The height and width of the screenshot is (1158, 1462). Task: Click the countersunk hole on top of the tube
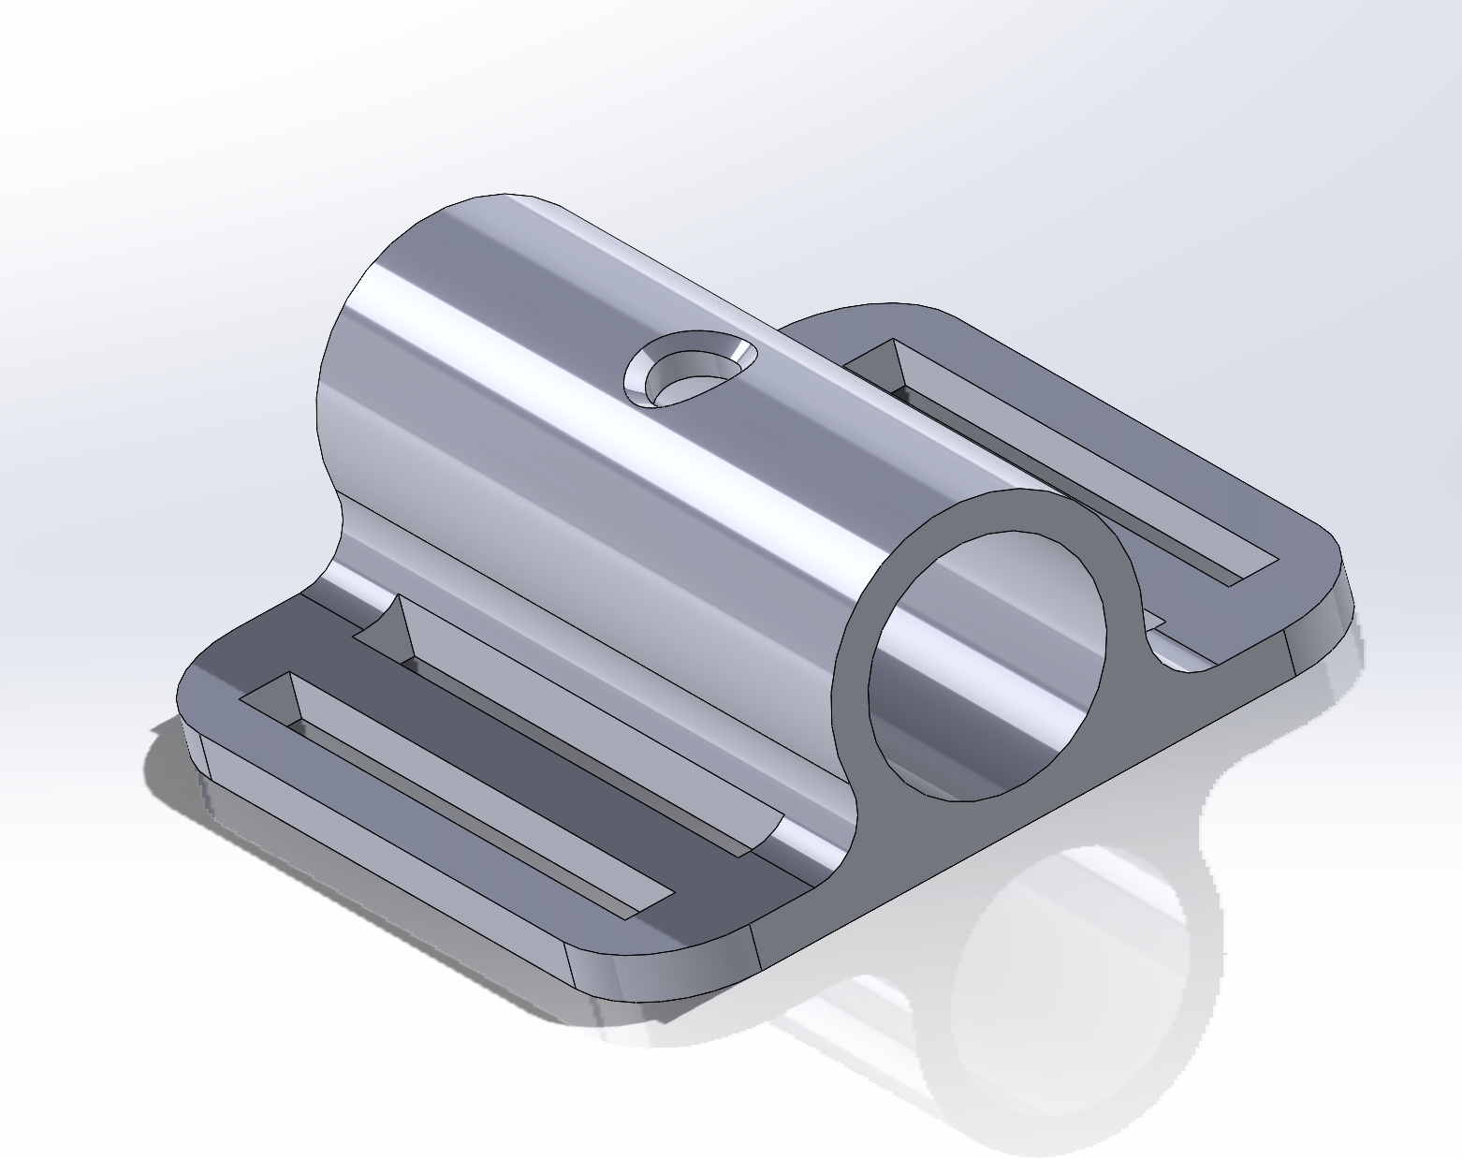click(691, 371)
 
